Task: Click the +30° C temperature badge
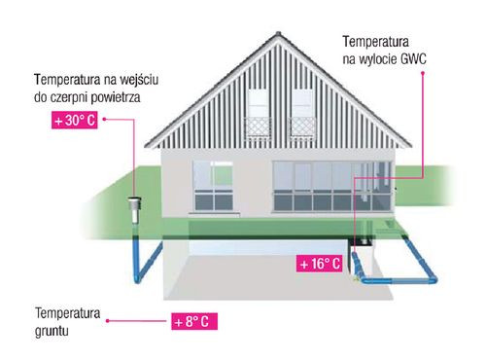pos(74,122)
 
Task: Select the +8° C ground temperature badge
pos(191,320)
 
